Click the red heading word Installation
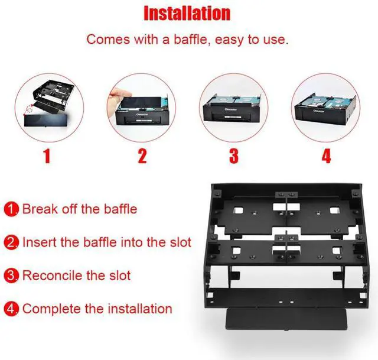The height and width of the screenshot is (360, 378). pos(187,13)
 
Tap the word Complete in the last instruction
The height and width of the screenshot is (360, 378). pos(50,309)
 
